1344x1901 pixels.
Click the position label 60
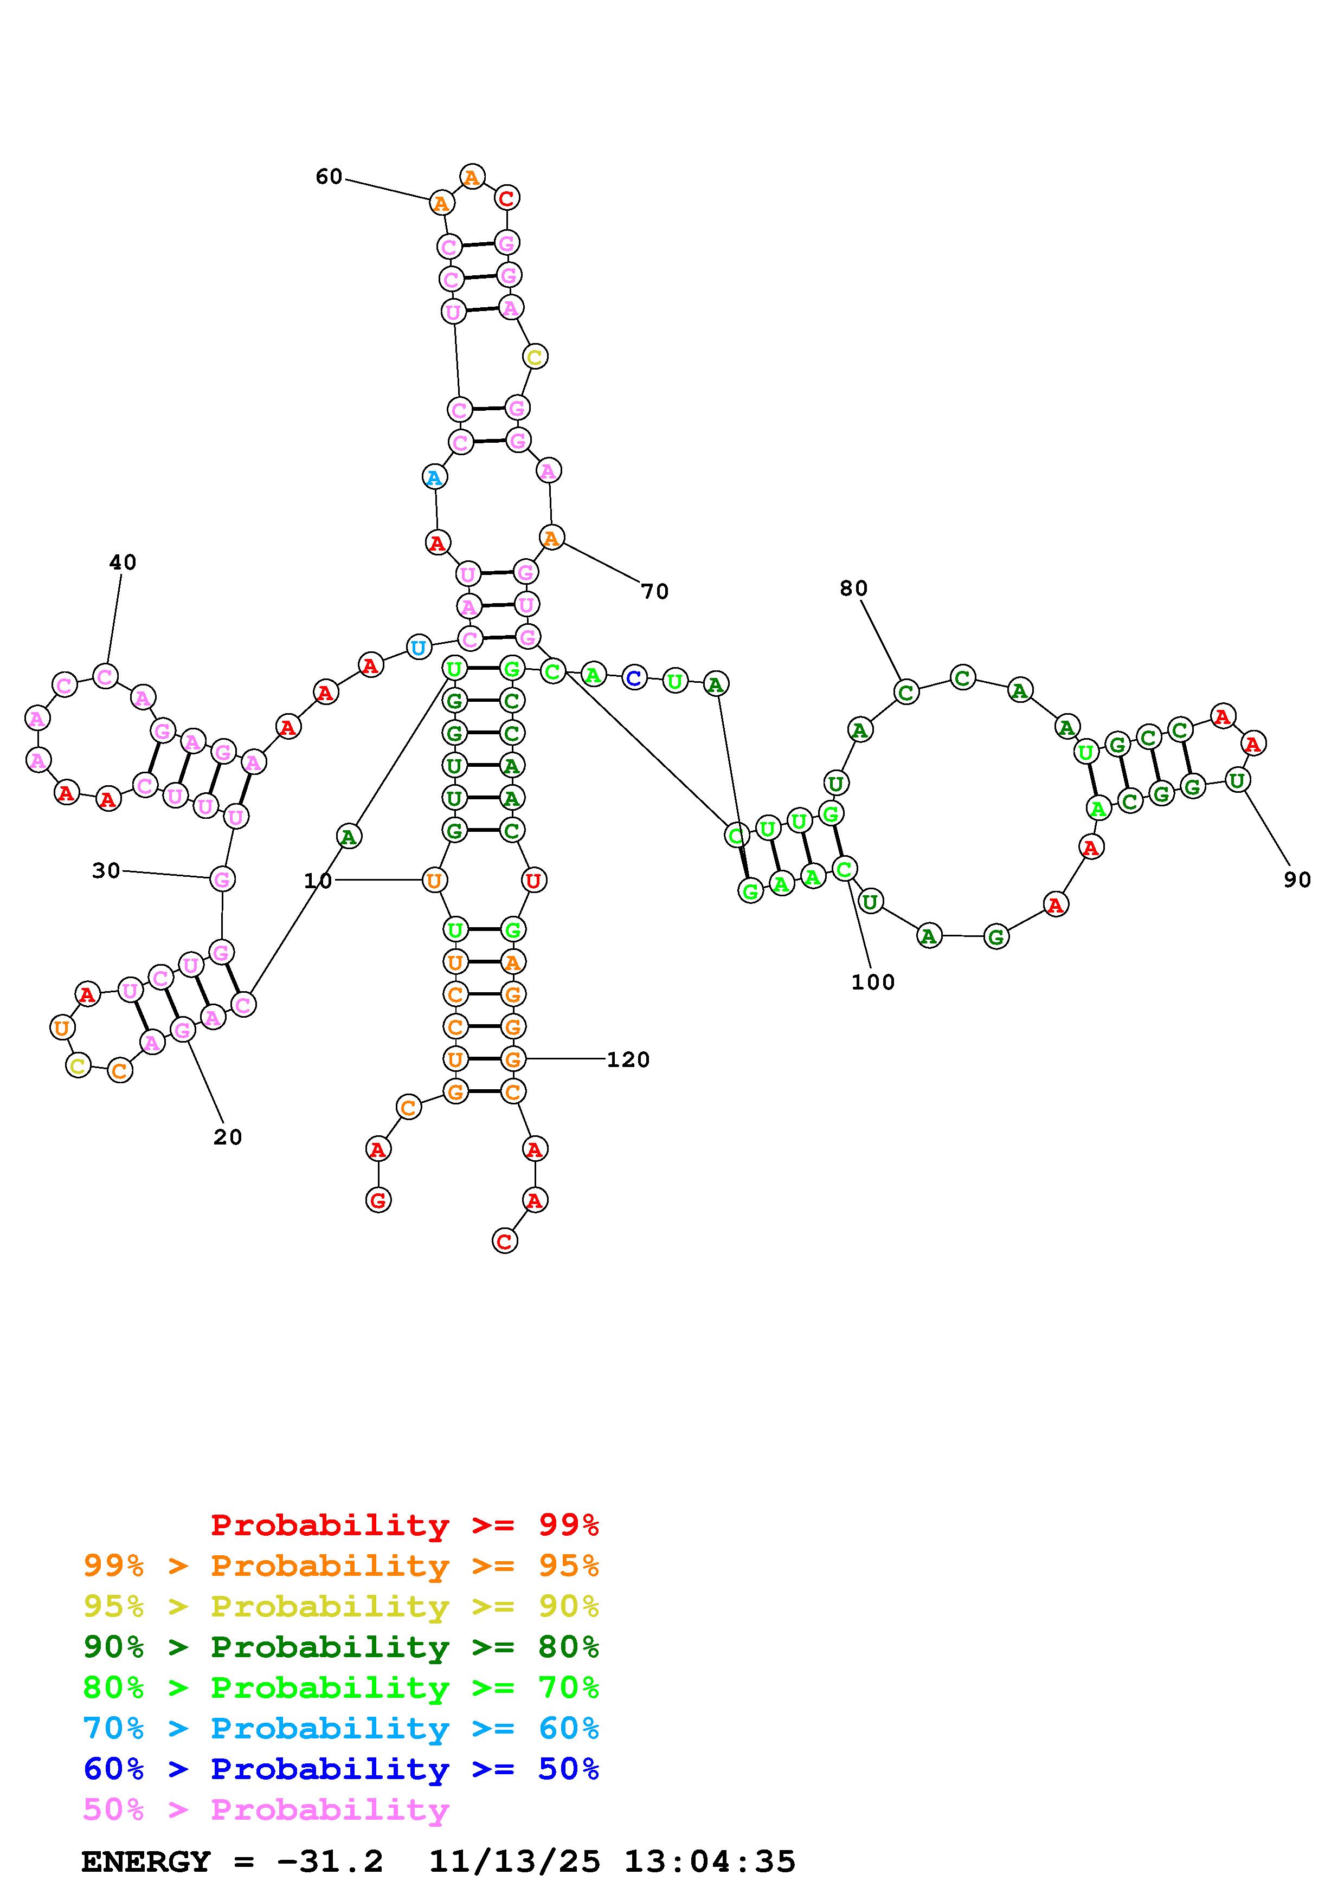[329, 176]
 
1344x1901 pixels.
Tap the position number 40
[123, 562]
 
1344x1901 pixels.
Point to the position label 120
[628, 1060]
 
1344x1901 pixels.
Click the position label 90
[1297, 880]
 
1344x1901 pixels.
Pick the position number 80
[853, 588]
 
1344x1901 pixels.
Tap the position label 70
[654, 591]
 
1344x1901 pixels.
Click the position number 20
[228, 1137]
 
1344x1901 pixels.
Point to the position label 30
[106, 870]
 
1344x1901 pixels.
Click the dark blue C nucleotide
[633, 678]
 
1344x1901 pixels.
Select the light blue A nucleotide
[434, 477]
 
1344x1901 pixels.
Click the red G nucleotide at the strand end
[378, 1200]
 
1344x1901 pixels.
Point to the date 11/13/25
[513, 1861]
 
